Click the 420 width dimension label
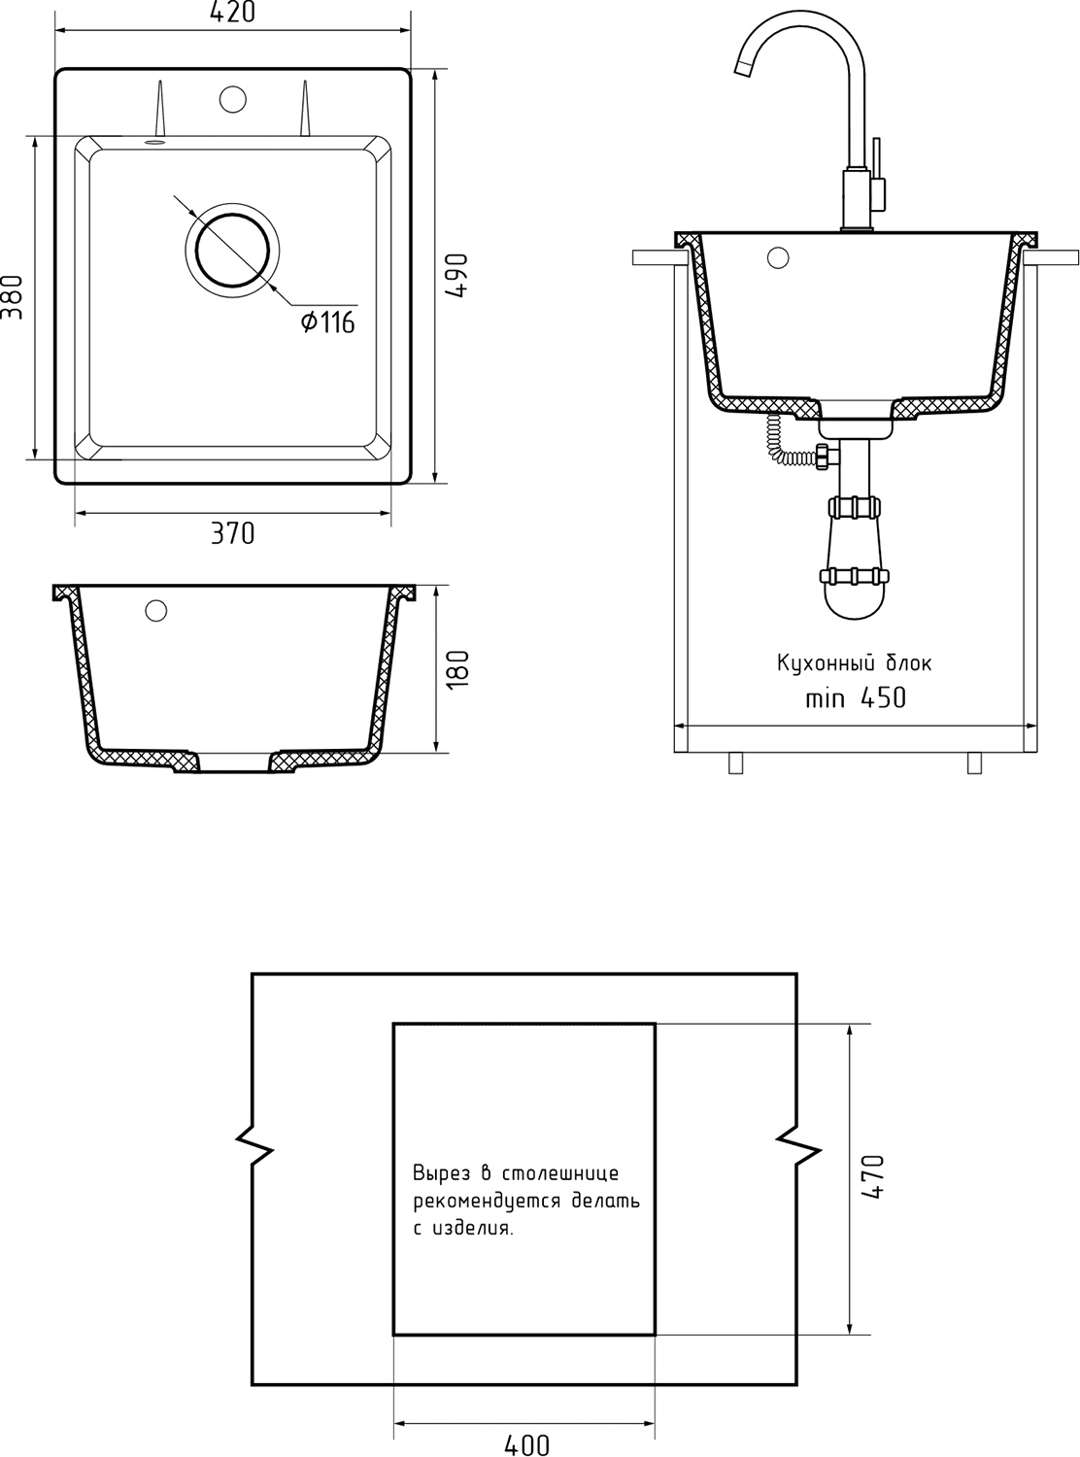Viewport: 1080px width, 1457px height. pyautogui.click(x=232, y=12)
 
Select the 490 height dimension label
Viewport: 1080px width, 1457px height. pyautogui.click(x=456, y=275)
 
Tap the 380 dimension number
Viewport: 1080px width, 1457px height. pyautogui.click(x=12, y=297)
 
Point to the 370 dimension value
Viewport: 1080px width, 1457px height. pyautogui.click(x=232, y=532)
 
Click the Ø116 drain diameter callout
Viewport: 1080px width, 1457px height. pyautogui.click(x=328, y=322)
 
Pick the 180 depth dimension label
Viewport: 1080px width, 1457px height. pyautogui.click(x=456, y=669)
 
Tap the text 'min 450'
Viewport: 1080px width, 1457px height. pyautogui.click(x=856, y=697)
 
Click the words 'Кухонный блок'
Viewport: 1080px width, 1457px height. pyautogui.click(x=854, y=662)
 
